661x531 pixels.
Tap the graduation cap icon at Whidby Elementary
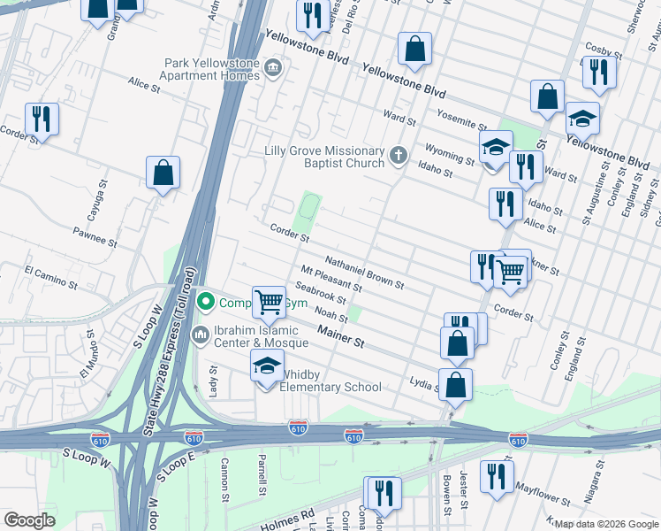266,366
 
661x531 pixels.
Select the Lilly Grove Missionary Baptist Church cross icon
398,157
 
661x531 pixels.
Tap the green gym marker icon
206,303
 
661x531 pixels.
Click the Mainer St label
341,336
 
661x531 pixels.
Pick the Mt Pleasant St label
331,280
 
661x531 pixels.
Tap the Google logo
30,519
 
